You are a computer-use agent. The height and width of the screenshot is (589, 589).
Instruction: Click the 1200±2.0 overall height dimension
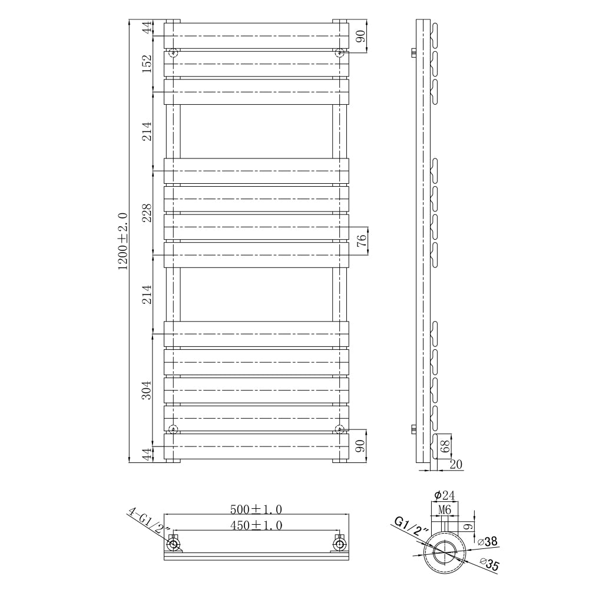tap(123, 241)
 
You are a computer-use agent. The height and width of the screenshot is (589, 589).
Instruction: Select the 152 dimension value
tap(147, 63)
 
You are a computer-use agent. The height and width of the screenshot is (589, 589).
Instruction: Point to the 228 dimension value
tap(147, 213)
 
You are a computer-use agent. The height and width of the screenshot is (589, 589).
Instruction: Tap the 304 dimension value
tap(147, 389)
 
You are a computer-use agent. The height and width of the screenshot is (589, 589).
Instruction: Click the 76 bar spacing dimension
tap(362, 240)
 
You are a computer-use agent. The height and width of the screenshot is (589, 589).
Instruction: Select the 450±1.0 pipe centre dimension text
tap(256, 525)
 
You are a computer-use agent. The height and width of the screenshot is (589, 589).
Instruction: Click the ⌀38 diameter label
tap(488, 541)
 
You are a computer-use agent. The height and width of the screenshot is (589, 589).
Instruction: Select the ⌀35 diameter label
tap(489, 566)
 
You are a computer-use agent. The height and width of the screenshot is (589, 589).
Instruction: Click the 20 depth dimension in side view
tap(455, 465)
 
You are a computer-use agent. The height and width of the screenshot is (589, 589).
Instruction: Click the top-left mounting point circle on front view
tap(173, 53)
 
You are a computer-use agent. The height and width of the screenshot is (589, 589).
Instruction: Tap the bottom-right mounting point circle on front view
tap(339, 428)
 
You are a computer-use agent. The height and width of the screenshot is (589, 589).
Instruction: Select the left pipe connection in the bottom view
tap(174, 543)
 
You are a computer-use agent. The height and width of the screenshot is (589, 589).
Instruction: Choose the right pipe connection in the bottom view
tap(339, 543)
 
